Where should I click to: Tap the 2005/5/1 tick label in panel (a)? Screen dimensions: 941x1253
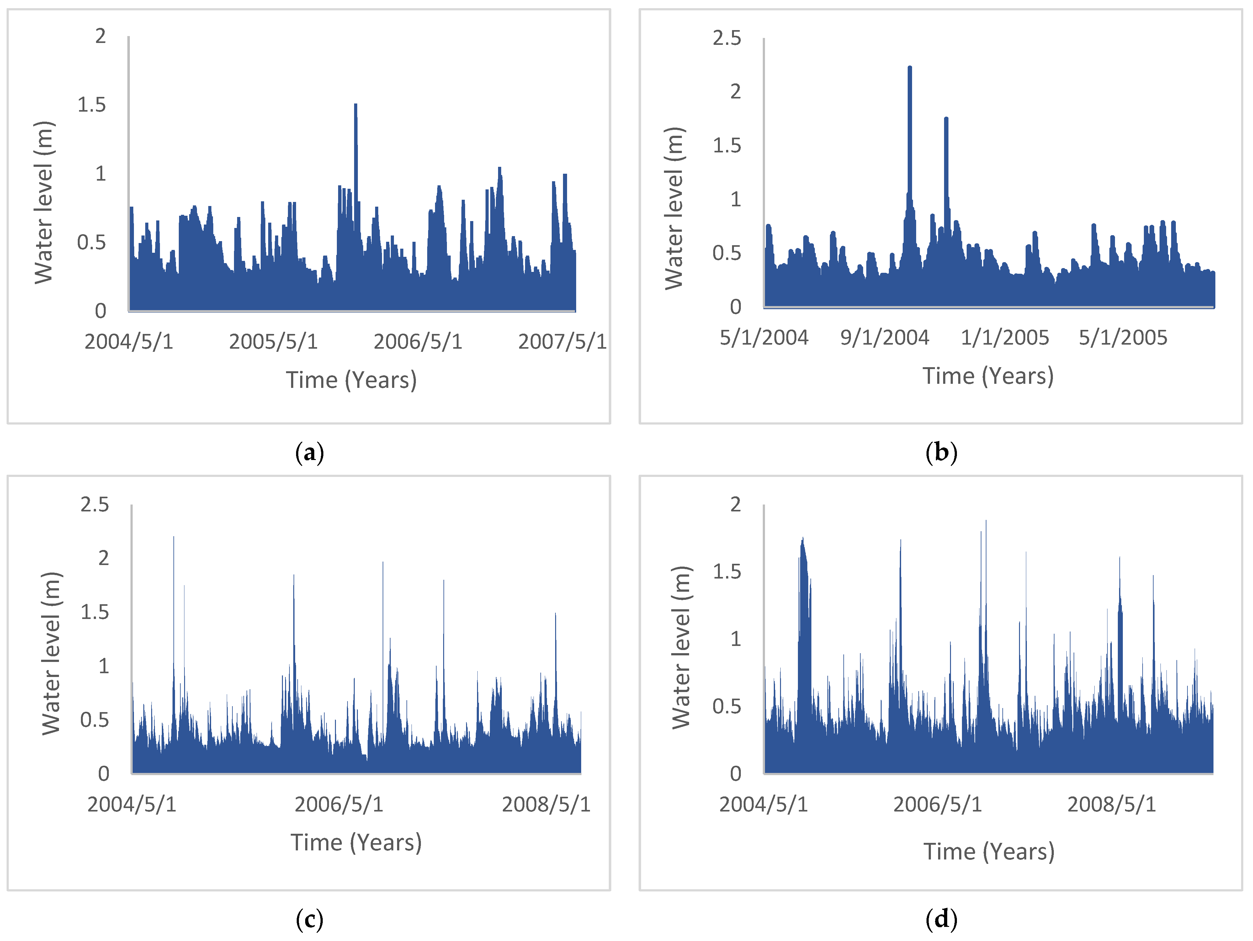[273, 341]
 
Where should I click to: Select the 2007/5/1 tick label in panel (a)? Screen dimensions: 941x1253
[562, 341]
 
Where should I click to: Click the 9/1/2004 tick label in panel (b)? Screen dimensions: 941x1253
[884, 337]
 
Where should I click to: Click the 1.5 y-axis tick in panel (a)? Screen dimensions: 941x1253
[92, 105]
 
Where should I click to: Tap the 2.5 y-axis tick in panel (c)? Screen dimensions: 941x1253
[95, 505]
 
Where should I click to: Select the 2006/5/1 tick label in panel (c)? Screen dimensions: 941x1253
[339, 804]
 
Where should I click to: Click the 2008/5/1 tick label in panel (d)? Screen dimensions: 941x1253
[1111, 804]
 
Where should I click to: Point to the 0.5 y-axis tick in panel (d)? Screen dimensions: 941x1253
[727, 706]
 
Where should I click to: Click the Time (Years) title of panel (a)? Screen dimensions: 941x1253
[351, 380]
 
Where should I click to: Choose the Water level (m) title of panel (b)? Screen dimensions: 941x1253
[674, 208]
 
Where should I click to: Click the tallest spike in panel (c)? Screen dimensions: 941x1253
[173, 539]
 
